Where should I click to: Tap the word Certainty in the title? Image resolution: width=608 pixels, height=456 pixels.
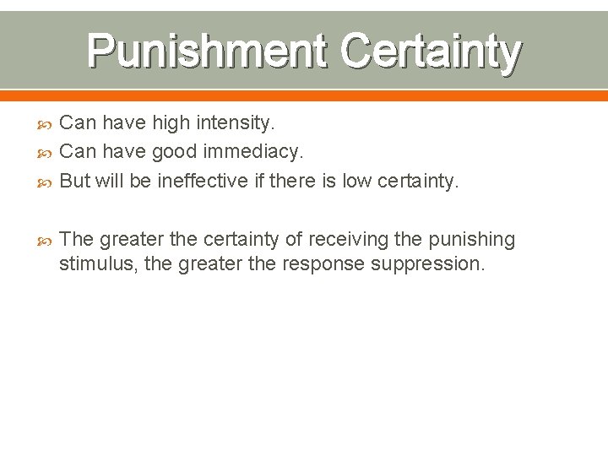431,52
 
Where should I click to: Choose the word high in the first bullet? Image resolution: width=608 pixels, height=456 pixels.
171,123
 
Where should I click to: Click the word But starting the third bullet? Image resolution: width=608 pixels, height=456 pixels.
75,181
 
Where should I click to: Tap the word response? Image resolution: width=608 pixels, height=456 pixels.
321,263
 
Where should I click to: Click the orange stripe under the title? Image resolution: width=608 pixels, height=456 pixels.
304,95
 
